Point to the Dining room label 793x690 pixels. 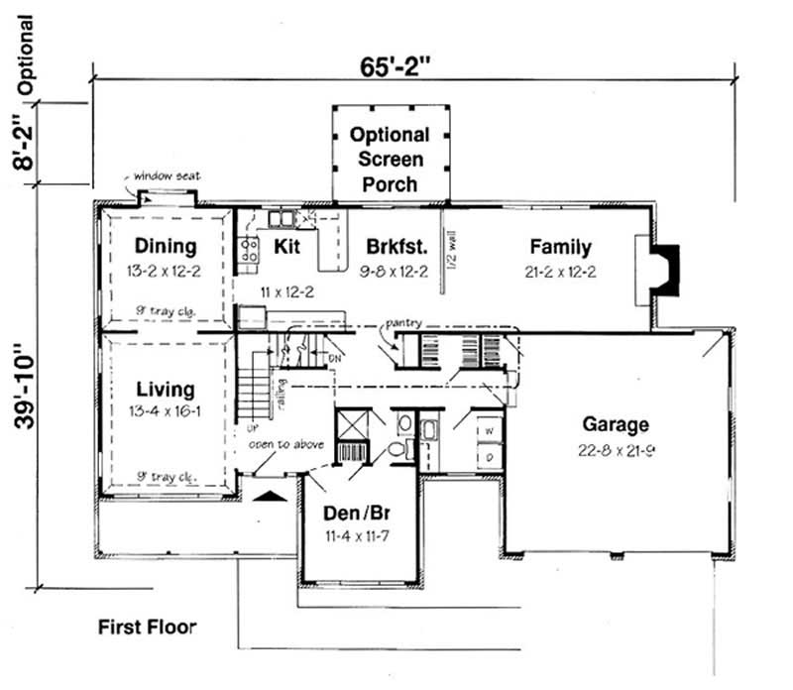(166, 246)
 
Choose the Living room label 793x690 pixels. (166, 389)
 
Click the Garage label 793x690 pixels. (616, 424)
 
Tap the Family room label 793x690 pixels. (560, 247)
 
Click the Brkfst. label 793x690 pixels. (396, 247)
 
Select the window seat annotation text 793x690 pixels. (168, 175)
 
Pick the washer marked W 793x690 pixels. (489, 431)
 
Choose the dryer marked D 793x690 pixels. (489, 456)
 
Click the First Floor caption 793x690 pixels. (147, 627)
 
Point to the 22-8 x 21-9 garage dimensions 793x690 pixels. (616, 448)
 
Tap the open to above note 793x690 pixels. (286, 444)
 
